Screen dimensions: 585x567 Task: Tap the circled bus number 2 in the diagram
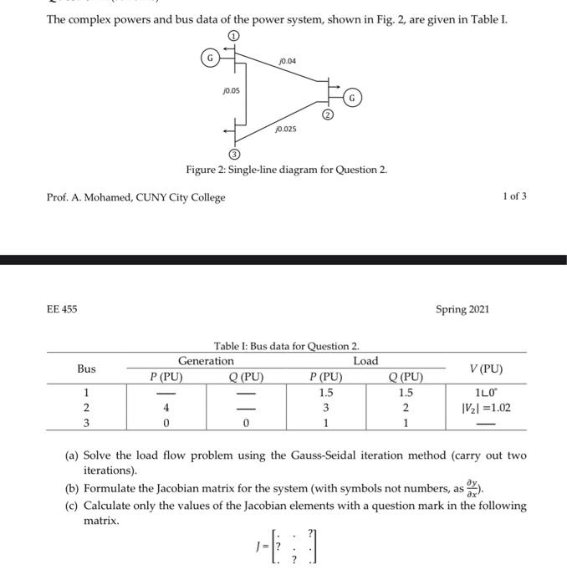click(x=329, y=114)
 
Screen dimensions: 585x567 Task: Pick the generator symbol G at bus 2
click(x=354, y=98)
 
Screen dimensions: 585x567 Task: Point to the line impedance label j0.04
click(x=286, y=61)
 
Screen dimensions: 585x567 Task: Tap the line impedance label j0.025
click(x=285, y=130)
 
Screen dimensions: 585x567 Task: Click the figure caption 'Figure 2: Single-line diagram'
click(x=286, y=170)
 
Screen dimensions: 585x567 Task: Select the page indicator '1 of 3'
click(x=514, y=197)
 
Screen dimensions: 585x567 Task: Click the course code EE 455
click(x=62, y=309)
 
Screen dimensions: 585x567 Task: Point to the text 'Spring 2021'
click(x=462, y=309)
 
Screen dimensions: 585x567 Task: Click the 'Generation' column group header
click(x=206, y=361)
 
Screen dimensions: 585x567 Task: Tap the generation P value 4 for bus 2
click(x=167, y=408)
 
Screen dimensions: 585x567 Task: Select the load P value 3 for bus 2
click(x=325, y=408)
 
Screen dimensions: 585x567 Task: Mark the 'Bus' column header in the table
click(x=86, y=369)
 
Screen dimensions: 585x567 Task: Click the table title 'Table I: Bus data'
click(x=286, y=346)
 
